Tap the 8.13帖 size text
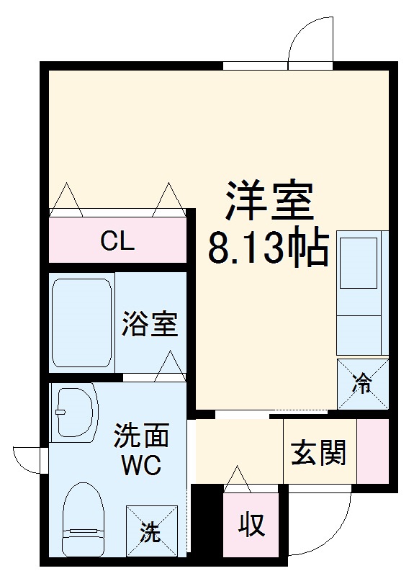[268, 248]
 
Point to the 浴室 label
[149, 325]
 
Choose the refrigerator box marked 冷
[363, 384]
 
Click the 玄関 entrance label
[318, 453]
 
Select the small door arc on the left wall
[27, 460]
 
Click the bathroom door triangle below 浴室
[170, 366]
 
